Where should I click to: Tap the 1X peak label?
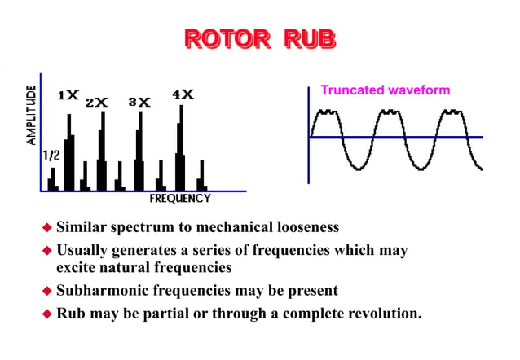(68, 95)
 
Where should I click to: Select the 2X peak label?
(97, 103)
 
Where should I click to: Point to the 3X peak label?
(139, 103)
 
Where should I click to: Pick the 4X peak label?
(183, 94)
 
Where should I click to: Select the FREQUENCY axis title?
(180, 198)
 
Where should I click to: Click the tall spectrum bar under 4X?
(181, 147)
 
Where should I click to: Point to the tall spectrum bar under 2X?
(102, 151)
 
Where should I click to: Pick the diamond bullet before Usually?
(47, 250)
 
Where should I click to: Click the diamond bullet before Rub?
(47, 313)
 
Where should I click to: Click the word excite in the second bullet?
(76, 267)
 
